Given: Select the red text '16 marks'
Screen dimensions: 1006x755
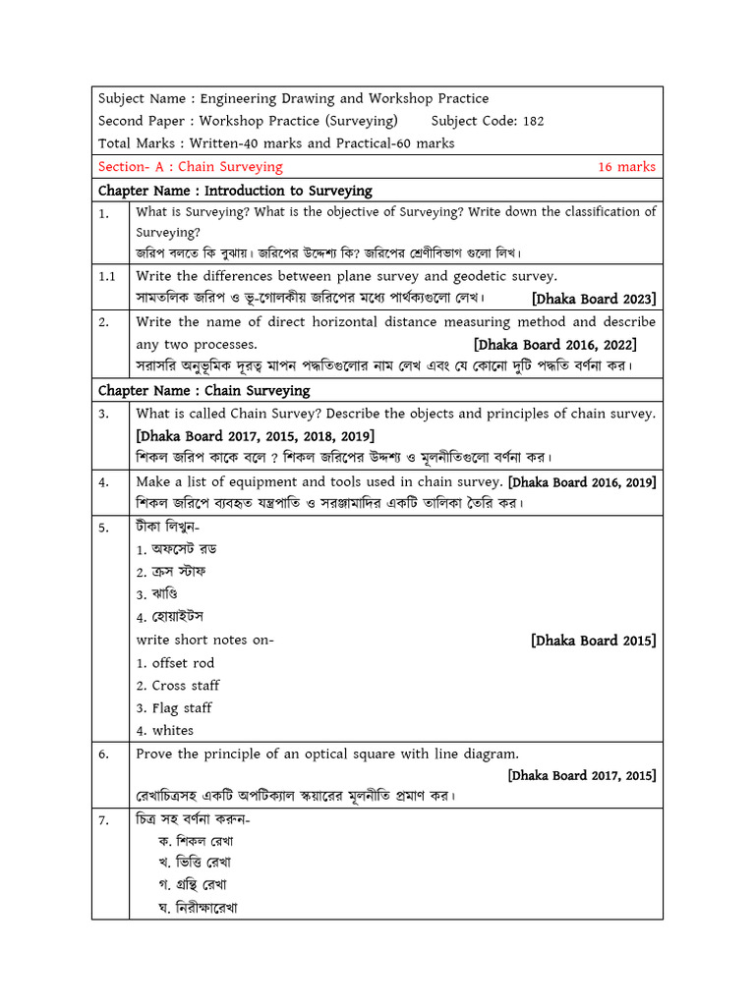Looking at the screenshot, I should pos(626,167).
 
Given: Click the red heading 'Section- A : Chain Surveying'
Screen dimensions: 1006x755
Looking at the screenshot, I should pos(191,167).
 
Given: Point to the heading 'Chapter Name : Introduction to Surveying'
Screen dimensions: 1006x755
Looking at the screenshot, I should pos(235,191).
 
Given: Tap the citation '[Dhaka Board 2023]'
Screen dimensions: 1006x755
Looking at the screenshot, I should pos(594,299).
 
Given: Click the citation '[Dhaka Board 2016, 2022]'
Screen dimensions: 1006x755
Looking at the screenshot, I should pos(554,345).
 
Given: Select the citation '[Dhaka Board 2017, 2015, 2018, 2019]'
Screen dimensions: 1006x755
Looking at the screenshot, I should pos(255,435).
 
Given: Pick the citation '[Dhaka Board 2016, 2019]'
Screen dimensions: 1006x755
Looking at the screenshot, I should pos(582,482).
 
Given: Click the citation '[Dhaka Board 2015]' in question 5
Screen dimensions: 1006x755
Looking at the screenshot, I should pos(594,641).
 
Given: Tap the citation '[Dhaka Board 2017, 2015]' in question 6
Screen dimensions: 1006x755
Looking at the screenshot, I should pos(582,775).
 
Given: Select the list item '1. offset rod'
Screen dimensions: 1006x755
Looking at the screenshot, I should pos(175,663).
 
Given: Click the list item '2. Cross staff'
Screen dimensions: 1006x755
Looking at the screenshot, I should pos(178,686).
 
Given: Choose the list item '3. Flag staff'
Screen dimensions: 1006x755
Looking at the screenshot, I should pos(174,708).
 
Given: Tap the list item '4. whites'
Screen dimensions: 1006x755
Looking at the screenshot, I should pos(165,731).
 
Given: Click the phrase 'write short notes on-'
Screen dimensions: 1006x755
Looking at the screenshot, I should pos(204,641).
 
